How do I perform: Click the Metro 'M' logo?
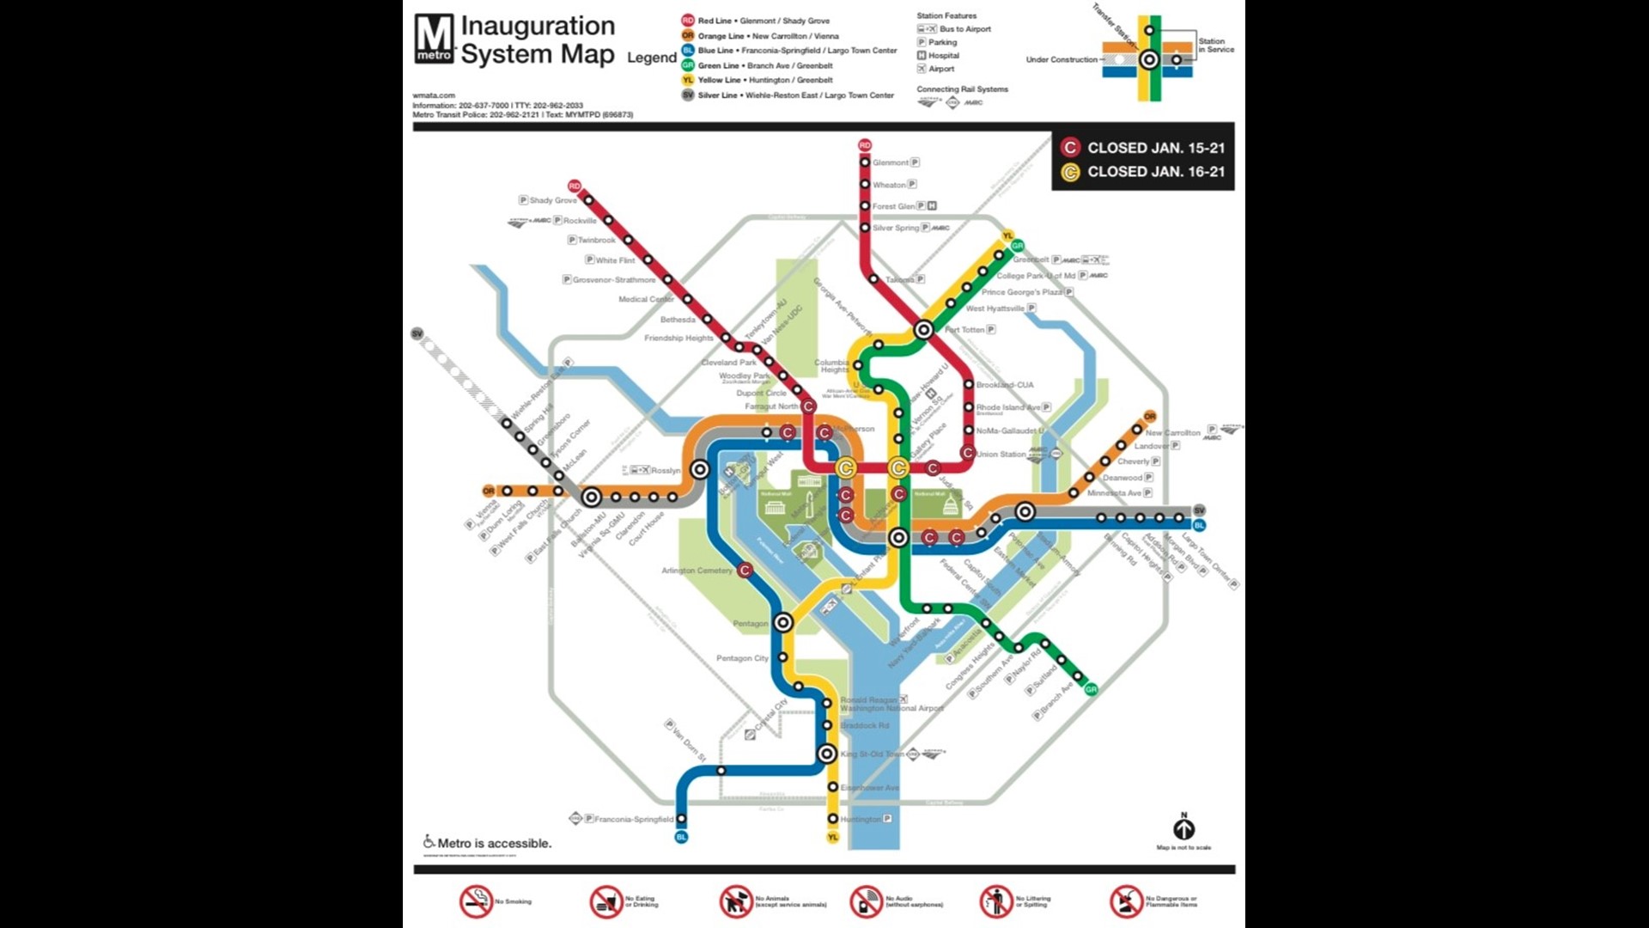(434, 40)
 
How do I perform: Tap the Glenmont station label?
(890, 162)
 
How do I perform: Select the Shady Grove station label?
(552, 200)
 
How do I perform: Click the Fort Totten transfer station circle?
(923, 329)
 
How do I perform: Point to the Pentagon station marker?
(783, 623)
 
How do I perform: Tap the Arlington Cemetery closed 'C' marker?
(745, 570)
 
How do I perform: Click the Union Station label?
(1001, 454)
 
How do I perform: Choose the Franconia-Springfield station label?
(634, 819)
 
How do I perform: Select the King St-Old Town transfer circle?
(826, 754)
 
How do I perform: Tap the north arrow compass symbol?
(1184, 828)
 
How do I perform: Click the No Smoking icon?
(476, 901)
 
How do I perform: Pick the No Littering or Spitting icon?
(996, 901)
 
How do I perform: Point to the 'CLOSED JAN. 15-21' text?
(1156, 148)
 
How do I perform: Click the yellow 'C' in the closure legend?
(1070, 172)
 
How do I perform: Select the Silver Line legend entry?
(794, 95)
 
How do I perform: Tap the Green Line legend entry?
(764, 65)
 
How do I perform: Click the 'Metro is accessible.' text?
(494, 843)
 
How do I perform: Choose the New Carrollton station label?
(1172, 433)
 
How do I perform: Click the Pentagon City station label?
(742, 658)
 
